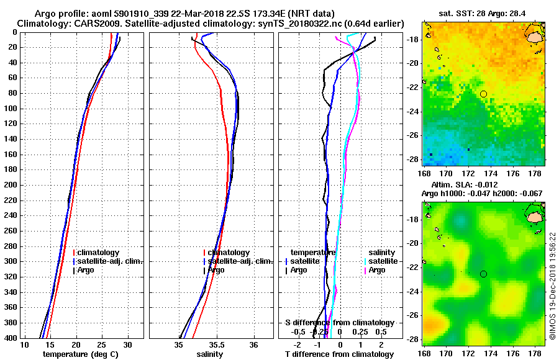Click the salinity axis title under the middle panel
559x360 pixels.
[211, 354]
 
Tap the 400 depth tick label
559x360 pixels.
[11, 338]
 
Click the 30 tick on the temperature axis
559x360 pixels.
[127, 344]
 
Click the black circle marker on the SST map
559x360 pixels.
[483, 94]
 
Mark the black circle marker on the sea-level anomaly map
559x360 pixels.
[483, 274]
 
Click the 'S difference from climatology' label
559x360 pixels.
[339, 323]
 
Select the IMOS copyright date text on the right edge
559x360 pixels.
[552, 286]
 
